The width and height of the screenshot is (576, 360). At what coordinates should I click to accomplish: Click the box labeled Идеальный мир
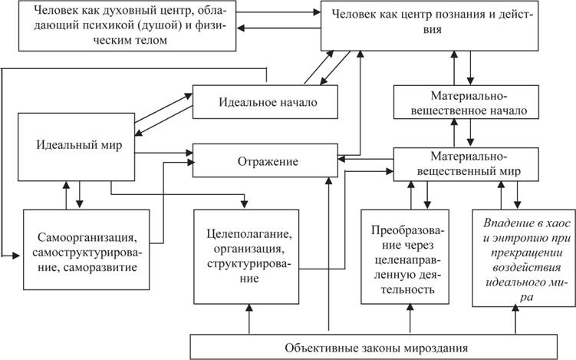(77, 147)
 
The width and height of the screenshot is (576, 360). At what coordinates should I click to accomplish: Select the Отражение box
(265, 160)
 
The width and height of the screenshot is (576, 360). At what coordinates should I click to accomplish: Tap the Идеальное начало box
(265, 102)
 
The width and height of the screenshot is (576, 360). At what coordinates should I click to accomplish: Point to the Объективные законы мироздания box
(374, 347)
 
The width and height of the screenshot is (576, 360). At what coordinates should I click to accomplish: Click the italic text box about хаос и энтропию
(524, 258)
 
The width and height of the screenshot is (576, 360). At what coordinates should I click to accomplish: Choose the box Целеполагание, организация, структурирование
(246, 256)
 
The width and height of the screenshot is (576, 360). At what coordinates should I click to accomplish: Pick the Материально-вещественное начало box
(466, 102)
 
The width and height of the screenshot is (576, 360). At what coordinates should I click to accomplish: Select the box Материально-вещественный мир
(466, 164)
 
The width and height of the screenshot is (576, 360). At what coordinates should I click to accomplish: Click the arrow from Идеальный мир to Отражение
(163, 153)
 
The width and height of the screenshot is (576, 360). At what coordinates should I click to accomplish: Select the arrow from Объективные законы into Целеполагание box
(249, 319)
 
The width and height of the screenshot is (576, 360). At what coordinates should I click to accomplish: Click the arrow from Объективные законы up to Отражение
(329, 254)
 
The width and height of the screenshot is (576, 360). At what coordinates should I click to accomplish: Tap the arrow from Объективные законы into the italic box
(515, 321)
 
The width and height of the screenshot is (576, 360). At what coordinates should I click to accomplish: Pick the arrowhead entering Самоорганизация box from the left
(15, 255)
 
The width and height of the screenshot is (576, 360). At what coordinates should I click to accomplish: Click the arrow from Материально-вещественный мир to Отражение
(366, 159)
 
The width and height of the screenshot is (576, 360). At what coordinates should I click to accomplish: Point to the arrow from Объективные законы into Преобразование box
(410, 319)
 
